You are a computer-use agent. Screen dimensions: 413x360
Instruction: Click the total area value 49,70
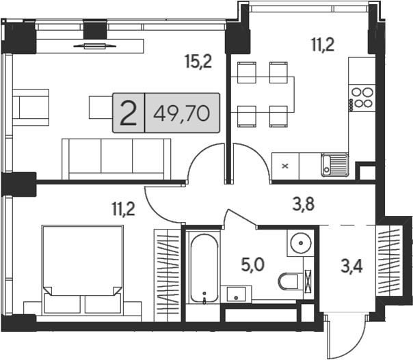click(x=181, y=113)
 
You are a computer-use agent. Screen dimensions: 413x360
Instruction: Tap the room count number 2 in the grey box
click(x=129, y=113)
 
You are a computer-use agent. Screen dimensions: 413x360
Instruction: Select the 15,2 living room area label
click(x=198, y=61)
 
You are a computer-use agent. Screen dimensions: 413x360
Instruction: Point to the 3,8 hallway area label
click(x=303, y=204)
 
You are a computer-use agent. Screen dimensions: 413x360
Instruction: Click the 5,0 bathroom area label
click(x=252, y=265)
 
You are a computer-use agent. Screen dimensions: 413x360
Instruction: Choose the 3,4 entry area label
click(x=351, y=266)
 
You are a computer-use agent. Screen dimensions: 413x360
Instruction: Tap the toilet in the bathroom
click(x=290, y=281)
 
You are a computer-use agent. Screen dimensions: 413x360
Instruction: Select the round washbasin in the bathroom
click(x=301, y=243)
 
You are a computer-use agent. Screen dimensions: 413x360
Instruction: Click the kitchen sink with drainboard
click(x=335, y=165)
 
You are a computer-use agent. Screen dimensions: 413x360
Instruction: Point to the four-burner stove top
click(x=362, y=98)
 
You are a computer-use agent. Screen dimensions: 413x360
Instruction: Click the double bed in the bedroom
click(x=83, y=269)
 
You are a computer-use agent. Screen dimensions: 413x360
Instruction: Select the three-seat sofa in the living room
click(x=116, y=159)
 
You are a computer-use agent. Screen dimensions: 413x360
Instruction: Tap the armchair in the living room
click(x=31, y=107)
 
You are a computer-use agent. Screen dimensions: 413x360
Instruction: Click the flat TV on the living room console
click(x=95, y=46)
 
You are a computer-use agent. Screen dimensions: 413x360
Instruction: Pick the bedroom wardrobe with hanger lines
click(x=168, y=275)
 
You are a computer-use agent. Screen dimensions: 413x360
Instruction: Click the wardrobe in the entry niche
click(x=389, y=260)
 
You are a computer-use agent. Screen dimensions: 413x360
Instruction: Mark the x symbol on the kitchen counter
click(x=285, y=166)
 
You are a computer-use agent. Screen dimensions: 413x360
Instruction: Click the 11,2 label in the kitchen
click(x=323, y=44)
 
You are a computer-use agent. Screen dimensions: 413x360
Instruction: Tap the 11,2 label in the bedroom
click(x=123, y=209)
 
